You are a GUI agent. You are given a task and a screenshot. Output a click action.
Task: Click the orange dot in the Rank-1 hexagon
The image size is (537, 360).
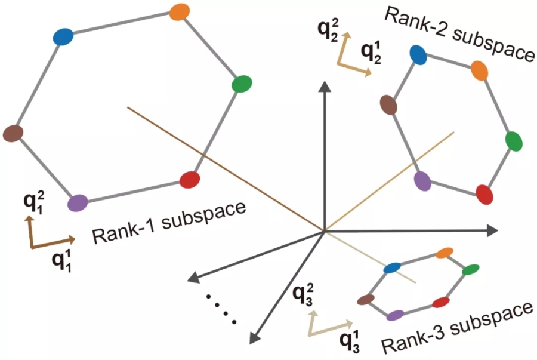tap(179, 11)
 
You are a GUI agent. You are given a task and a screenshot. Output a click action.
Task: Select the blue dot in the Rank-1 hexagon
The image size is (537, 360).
tap(63, 36)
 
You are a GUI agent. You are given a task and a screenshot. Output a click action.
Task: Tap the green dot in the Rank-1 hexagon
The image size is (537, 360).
tap(242, 84)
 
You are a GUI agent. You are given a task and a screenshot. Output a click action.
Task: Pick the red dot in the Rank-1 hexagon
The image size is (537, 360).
tap(189, 179)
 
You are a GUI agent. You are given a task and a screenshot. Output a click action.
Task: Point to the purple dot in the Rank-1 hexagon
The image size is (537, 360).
tap(78, 203)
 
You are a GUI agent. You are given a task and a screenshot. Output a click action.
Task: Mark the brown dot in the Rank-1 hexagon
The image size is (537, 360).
tap(13, 133)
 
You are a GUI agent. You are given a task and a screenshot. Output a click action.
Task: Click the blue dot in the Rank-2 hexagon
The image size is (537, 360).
tap(418, 54)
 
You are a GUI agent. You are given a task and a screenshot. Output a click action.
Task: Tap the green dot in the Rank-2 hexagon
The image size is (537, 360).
tap(514, 141)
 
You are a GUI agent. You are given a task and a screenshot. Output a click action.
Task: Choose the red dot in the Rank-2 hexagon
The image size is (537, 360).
tap(484, 195)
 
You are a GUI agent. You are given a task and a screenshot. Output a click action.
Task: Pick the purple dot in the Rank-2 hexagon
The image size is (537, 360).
tap(423, 180)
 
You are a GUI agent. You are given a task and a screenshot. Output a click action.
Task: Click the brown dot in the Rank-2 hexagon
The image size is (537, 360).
tap(389, 104)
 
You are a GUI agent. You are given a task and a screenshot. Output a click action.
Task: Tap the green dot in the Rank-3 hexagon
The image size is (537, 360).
tap(471, 270)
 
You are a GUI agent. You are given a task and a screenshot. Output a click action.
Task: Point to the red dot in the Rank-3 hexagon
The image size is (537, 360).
tap(441, 302)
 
